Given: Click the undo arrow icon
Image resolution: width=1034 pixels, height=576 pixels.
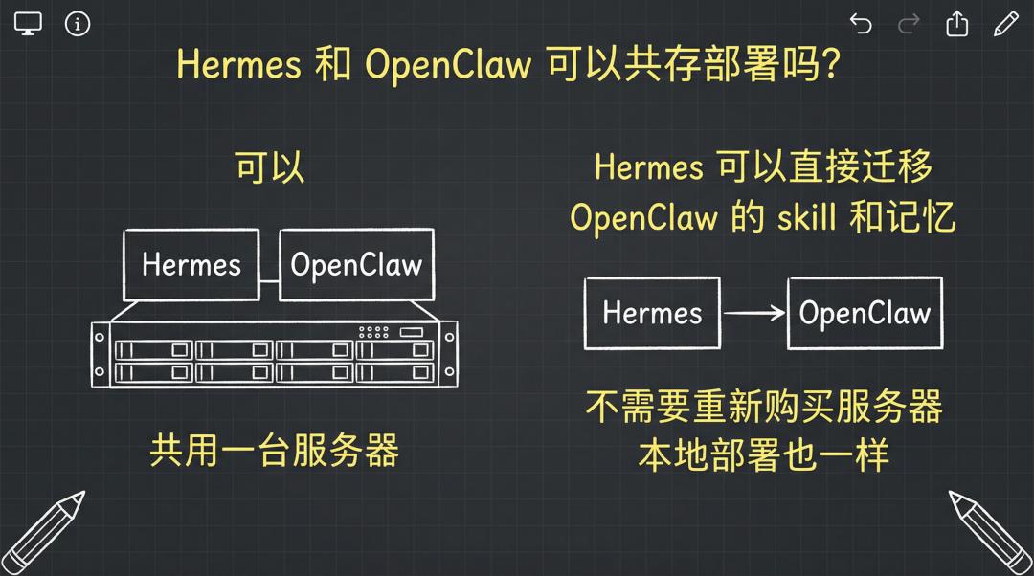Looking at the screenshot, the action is tap(861, 24).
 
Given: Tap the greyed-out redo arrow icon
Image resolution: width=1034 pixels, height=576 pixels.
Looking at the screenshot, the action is tap(909, 24).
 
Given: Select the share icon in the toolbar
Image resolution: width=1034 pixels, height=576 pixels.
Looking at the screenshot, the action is tap(956, 24).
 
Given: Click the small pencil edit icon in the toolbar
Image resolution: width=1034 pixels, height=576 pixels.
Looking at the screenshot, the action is tap(1005, 24).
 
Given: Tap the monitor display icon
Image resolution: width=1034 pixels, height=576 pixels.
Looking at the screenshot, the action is tap(28, 24).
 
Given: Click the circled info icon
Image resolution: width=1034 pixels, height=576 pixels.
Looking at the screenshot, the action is tap(78, 24).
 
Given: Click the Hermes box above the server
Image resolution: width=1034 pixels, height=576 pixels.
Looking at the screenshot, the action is tap(191, 265).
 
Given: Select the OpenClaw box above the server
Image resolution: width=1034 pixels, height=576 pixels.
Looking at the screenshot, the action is tap(357, 265).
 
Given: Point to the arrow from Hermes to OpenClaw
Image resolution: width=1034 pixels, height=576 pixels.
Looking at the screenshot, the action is tap(753, 313).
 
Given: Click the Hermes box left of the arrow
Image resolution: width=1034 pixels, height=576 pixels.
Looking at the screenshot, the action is tap(652, 313).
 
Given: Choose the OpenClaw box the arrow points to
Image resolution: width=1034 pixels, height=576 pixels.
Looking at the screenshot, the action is tap(865, 313).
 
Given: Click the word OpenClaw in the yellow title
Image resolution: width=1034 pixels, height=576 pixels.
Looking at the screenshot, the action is tap(448, 65).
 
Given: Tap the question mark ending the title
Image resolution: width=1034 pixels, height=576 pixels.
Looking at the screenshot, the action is tap(832, 64).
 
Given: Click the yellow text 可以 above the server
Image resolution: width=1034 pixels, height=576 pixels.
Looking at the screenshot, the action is tap(270, 166).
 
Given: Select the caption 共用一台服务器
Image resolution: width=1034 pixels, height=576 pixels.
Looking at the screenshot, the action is tap(275, 450).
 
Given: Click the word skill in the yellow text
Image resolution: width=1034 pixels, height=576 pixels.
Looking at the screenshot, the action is tap(806, 217).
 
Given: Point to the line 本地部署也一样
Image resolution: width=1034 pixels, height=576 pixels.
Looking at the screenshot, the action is tap(764, 454).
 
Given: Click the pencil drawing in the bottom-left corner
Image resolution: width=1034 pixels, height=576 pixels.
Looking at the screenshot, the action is tap(43, 533).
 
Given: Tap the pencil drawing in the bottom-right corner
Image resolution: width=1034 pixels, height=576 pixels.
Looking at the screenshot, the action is tap(991, 533).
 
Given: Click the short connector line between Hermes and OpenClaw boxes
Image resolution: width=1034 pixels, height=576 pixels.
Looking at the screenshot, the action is tap(269, 281).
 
